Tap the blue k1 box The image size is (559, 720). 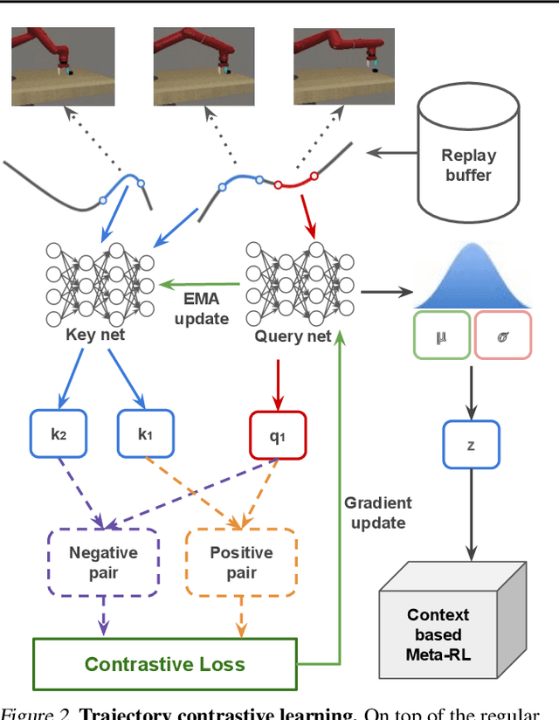[145, 433]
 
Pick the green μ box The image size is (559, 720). [442, 336]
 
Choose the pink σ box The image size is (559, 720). [501, 336]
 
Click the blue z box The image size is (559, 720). [471, 445]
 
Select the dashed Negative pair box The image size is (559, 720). [103, 563]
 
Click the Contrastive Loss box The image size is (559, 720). [165, 663]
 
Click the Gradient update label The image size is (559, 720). [377, 513]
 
